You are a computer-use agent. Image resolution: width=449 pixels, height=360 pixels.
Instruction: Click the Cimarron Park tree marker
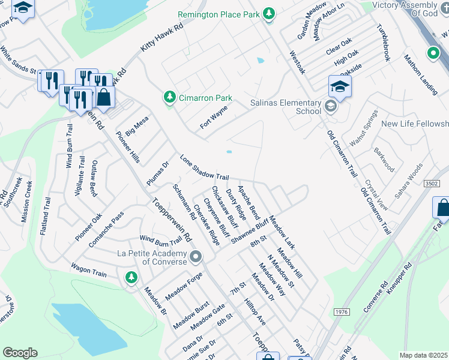tap(170, 98)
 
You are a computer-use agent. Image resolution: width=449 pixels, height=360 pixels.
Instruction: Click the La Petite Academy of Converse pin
tap(196, 258)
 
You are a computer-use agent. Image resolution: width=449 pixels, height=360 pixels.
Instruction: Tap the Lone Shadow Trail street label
tap(205, 168)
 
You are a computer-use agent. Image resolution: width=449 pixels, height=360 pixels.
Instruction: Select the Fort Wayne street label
tap(214, 117)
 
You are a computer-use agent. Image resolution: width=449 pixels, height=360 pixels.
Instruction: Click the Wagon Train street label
tap(88, 269)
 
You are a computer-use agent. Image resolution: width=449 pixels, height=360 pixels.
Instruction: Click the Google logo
tap(20, 353)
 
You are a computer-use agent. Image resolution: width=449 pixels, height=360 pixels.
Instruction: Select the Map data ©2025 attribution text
tap(423, 355)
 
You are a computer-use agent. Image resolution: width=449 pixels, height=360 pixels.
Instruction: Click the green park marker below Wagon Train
tap(131, 277)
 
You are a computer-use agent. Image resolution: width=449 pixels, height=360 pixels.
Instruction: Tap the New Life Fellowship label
tap(415, 124)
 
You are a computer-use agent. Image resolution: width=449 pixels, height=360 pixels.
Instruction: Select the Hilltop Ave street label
tap(256, 313)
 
